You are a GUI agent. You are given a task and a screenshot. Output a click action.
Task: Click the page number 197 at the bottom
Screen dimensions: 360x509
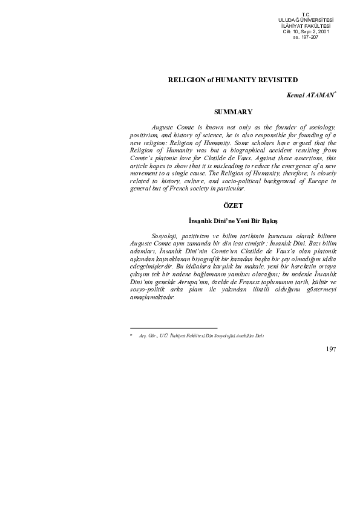(x=330, y=349)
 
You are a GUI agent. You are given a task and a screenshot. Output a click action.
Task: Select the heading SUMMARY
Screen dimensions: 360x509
(x=233, y=112)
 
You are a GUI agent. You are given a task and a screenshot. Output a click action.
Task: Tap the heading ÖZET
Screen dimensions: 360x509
(x=233, y=206)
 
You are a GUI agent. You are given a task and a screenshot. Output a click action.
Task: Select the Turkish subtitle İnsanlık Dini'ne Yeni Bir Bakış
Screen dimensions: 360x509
(x=233, y=221)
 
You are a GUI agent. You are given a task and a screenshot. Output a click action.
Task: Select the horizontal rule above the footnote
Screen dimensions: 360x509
(x=173, y=327)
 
